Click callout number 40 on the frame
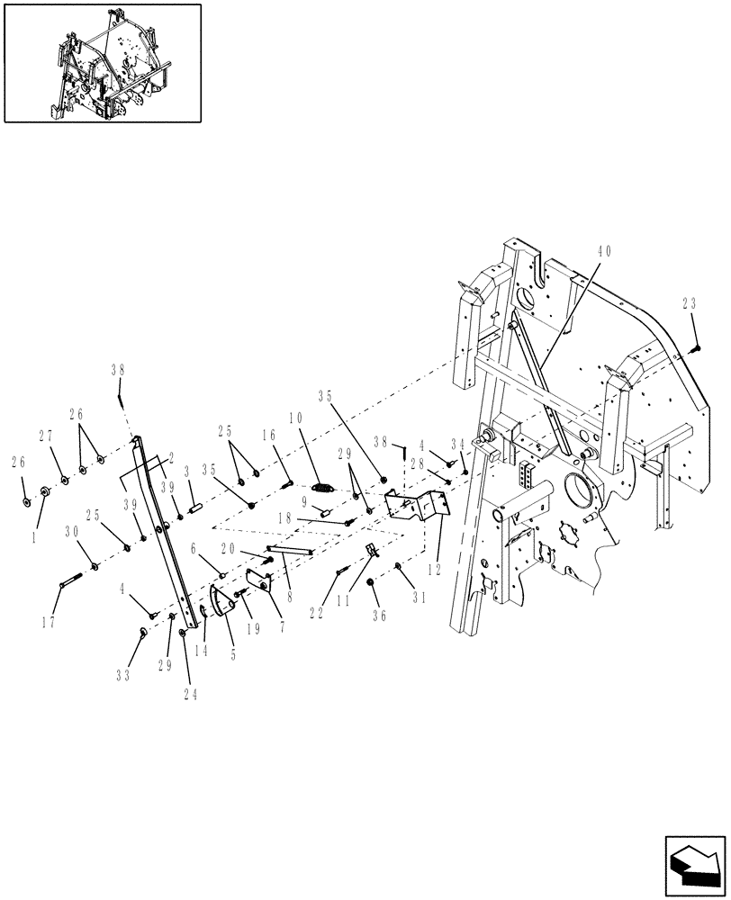(603, 252)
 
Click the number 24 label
(190, 694)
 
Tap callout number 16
(269, 435)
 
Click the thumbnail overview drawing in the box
(102, 62)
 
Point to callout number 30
(72, 533)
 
